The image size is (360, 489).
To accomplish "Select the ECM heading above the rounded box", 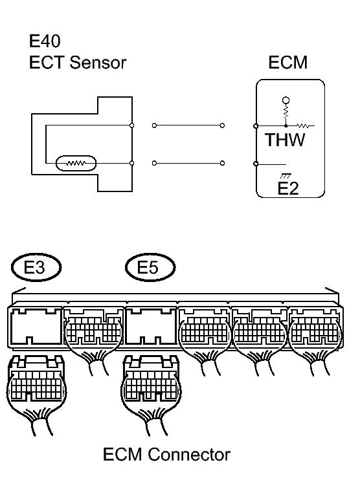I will point(287,63).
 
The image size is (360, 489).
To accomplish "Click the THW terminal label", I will point(284,140).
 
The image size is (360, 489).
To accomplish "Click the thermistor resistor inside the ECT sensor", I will point(77,163).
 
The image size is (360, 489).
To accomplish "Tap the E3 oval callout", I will point(36,266).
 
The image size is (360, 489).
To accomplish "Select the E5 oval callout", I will point(150,266).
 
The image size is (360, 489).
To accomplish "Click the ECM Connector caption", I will point(166,455).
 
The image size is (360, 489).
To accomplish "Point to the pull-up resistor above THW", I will point(285,113).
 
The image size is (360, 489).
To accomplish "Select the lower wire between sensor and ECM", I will point(188,163).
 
